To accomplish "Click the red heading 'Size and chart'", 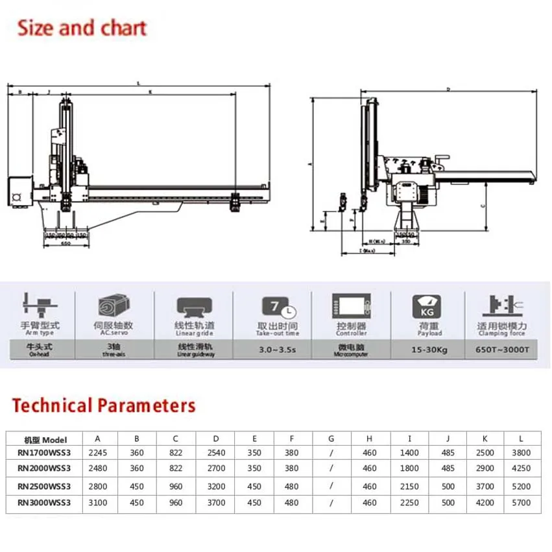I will pos(82,28).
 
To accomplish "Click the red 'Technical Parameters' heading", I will pos(104,406).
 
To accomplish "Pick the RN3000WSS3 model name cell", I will pos(43,503).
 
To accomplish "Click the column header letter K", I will pos(484,439).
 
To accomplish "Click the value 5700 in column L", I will pos(521,503).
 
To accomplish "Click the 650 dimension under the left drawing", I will pos(66,245).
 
